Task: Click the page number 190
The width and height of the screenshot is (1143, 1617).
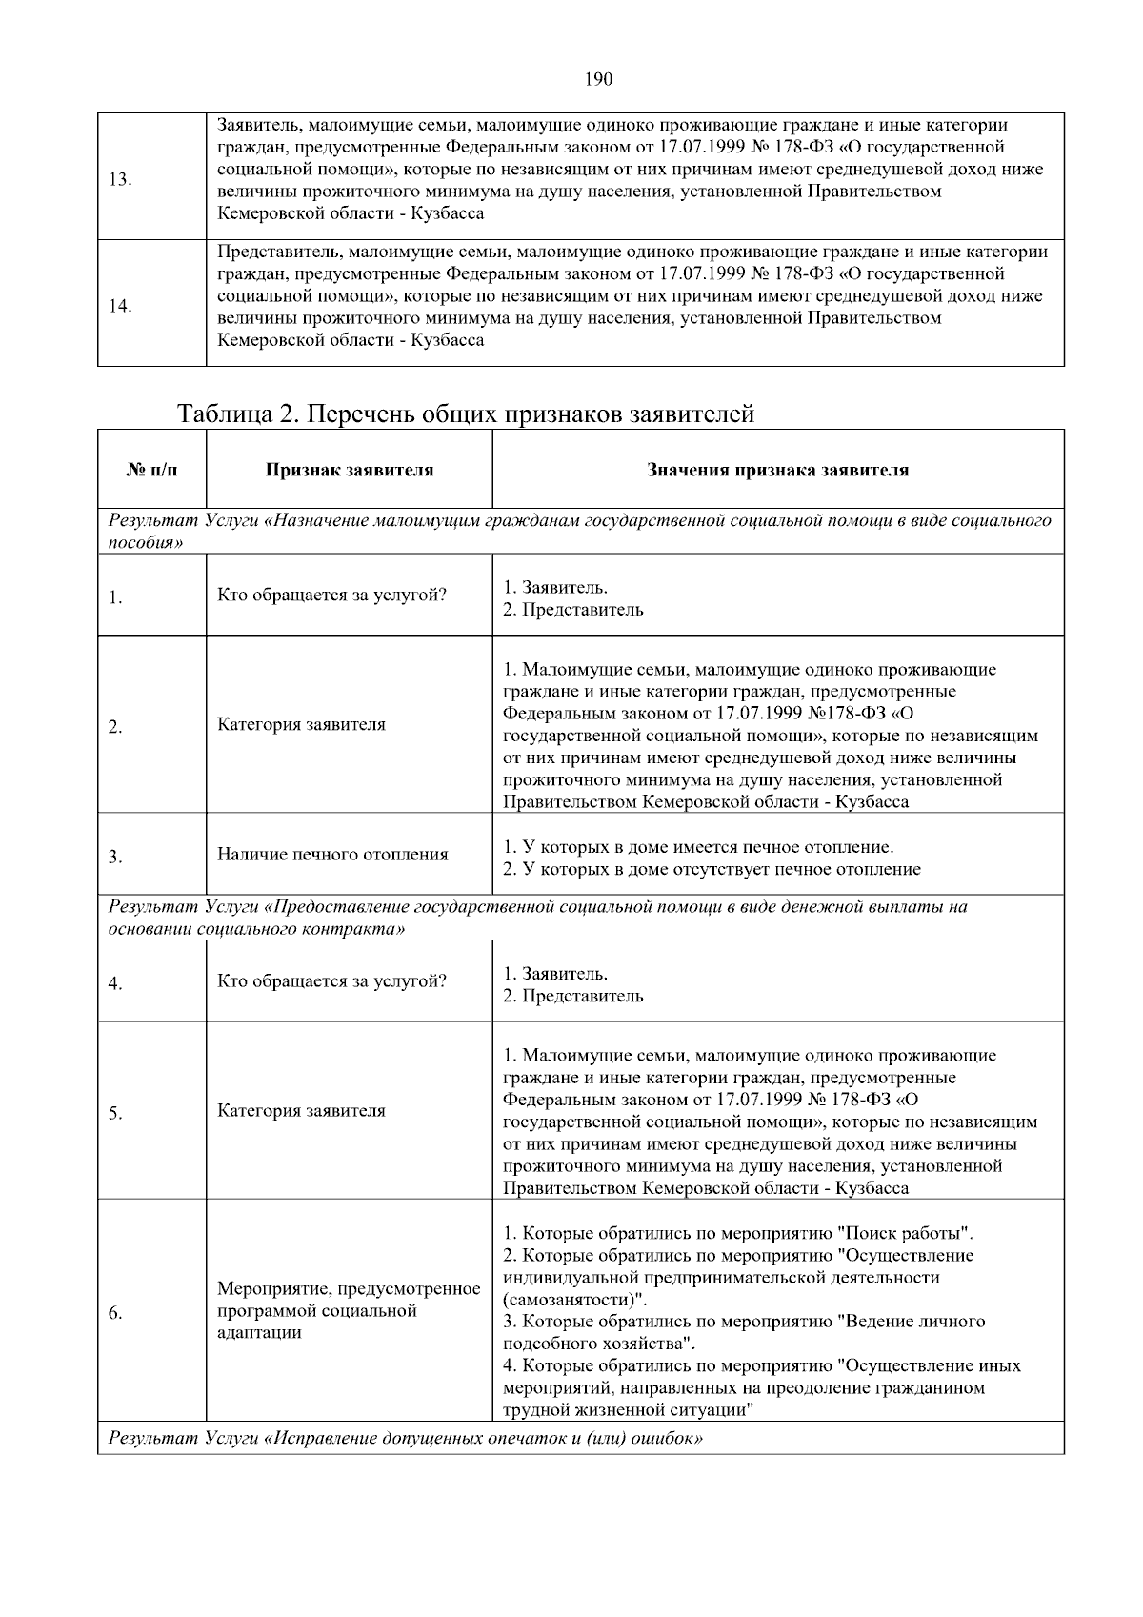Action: (598, 79)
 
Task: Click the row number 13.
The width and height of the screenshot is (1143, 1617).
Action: (120, 180)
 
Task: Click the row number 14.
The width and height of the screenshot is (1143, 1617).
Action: (120, 306)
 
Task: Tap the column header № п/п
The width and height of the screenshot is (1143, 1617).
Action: (151, 470)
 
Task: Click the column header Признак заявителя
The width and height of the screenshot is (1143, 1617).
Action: (349, 470)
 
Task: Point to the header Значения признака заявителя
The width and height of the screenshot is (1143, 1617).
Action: (777, 470)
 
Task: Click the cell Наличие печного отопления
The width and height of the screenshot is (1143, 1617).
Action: (332, 854)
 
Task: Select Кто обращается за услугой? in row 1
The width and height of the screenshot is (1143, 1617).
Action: (331, 596)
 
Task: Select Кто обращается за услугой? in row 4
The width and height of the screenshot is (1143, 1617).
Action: (331, 981)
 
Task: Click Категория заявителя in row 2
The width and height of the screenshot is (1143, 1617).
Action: (301, 724)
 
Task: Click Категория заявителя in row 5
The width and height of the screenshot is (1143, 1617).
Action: (301, 1110)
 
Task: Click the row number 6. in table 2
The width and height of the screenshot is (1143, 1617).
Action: (115, 1314)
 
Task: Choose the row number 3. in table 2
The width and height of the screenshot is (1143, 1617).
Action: (115, 857)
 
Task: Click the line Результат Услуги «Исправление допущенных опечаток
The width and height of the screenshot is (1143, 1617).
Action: (406, 1438)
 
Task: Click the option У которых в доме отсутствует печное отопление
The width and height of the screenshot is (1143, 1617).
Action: (712, 869)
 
